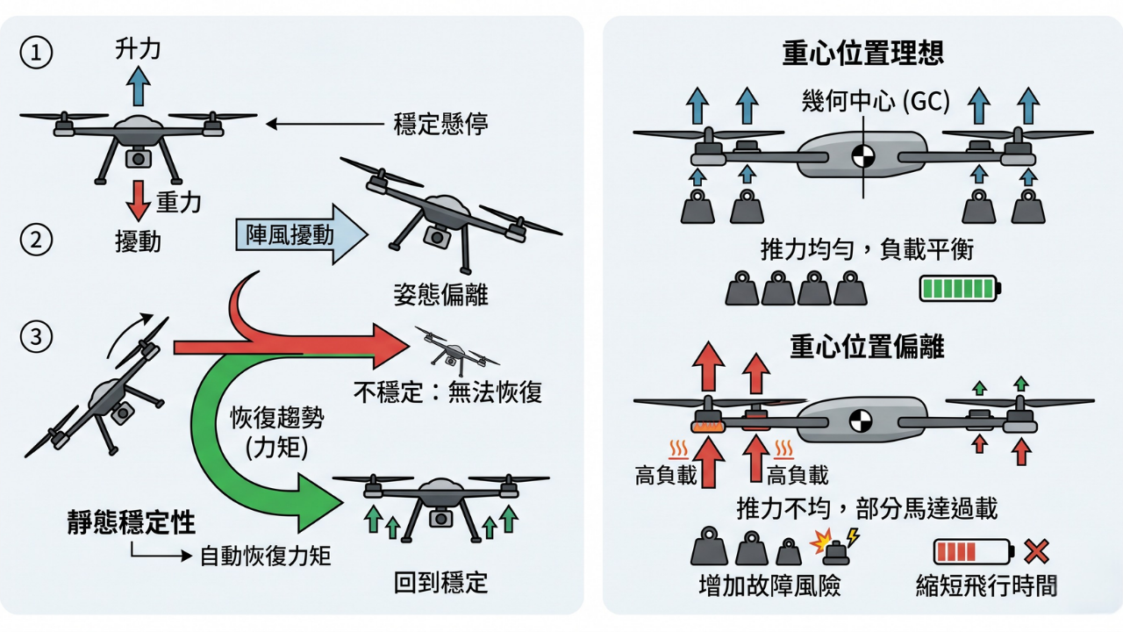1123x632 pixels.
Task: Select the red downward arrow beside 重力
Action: click(137, 199)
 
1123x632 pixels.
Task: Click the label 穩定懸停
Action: click(440, 124)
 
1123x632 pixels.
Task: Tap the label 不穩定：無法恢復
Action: click(447, 391)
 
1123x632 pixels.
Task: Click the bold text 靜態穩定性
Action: click(131, 522)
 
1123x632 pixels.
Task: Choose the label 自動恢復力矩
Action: click(264, 556)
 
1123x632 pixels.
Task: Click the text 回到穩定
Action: click(440, 582)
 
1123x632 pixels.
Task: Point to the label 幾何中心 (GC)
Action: click(876, 102)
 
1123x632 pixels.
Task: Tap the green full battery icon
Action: click(959, 288)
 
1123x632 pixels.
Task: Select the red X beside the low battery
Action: click(1037, 551)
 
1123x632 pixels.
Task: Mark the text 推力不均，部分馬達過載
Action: click(867, 508)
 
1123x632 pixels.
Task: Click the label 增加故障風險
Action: click(769, 586)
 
